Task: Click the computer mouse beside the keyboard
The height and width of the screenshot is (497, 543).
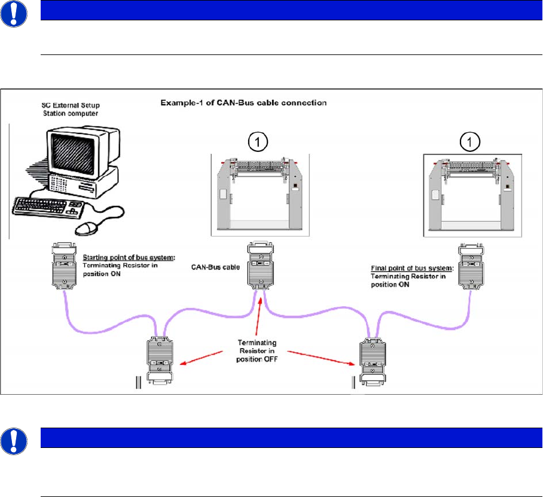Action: (87, 228)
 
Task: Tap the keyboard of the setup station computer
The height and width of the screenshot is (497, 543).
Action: (48, 207)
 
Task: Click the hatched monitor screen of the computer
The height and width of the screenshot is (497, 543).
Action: (73, 154)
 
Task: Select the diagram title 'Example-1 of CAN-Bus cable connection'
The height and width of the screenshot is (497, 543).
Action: (243, 103)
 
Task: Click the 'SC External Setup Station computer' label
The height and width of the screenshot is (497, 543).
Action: (71, 109)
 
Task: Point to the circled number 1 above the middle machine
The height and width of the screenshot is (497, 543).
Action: (258, 142)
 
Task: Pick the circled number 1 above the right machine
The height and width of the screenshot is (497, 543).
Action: (469, 142)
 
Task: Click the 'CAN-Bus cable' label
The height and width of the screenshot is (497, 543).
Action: (215, 267)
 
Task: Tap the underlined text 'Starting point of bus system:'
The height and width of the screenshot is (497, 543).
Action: (129, 257)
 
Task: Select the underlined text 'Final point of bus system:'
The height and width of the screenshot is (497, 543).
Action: (412, 268)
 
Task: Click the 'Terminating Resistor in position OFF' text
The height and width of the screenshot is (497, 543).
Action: (257, 351)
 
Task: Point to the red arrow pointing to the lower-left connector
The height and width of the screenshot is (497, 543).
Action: (201, 358)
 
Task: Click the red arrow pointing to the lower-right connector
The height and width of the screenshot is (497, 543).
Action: (321, 358)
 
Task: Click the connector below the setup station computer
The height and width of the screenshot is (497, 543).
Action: (64, 266)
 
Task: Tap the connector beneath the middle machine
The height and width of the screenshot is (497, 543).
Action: (260, 266)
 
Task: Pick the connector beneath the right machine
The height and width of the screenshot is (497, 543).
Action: (471, 266)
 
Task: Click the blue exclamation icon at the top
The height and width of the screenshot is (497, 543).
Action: (14, 14)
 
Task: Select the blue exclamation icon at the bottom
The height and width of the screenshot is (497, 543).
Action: (14, 441)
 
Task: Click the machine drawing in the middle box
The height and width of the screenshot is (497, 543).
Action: (260, 194)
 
